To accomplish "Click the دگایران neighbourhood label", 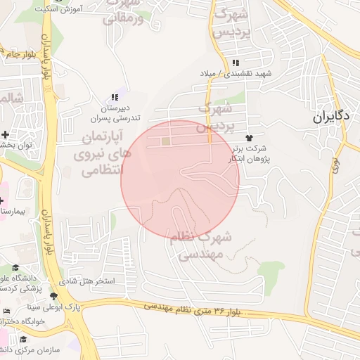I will (x=332, y=117).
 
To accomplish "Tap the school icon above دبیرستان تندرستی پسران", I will (x=114, y=97).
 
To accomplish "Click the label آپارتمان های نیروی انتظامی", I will (x=101, y=151).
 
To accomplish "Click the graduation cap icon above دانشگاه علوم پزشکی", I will (x=15, y=268).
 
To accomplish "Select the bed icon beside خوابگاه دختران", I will (x=7, y=311).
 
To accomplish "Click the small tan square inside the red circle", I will (x=166, y=141).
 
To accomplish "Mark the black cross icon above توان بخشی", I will (x=6, y=134).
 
